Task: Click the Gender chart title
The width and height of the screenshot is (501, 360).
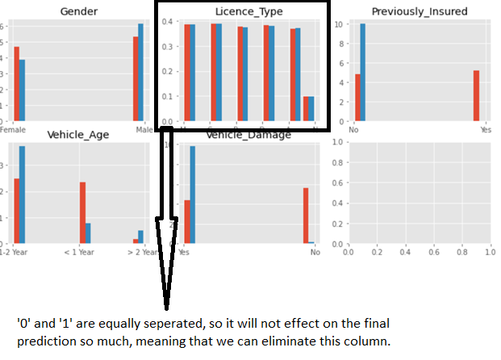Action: coord(78,10)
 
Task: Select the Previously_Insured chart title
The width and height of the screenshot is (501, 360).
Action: coord(420,10)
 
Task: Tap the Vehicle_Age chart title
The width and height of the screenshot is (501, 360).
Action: coord(78,134)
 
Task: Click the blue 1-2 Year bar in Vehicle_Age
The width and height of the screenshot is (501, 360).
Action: coord(23,195)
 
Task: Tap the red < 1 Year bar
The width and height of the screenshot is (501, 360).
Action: coord(82,212)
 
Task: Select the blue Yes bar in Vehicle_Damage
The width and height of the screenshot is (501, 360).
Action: coord(193,195)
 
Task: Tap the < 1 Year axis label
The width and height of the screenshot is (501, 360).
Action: coord(84,253)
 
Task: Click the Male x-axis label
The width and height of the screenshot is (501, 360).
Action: coord(144,130)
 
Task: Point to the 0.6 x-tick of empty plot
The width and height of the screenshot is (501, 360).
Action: coord(433,253)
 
